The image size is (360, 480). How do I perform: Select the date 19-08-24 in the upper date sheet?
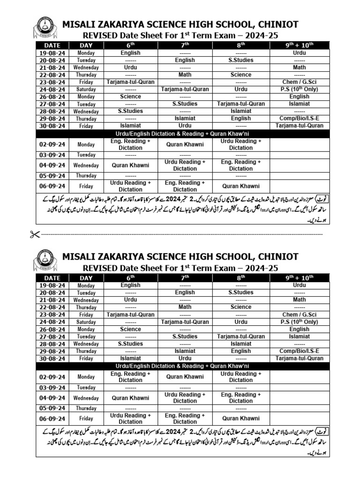pos(52,53)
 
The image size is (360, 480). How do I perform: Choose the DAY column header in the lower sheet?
pos(86,278)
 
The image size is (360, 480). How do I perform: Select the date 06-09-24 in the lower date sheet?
pos(52,419)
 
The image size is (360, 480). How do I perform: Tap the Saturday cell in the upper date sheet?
pos(86,89)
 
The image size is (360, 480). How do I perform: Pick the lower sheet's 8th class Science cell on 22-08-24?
pos(241,307)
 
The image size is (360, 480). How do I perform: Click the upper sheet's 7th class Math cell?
pos(185,75)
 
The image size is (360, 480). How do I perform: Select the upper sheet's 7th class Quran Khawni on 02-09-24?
pos(185,144)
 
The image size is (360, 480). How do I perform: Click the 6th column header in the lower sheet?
pos(130,278)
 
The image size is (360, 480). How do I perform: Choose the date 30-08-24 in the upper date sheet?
pos(52,126)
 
